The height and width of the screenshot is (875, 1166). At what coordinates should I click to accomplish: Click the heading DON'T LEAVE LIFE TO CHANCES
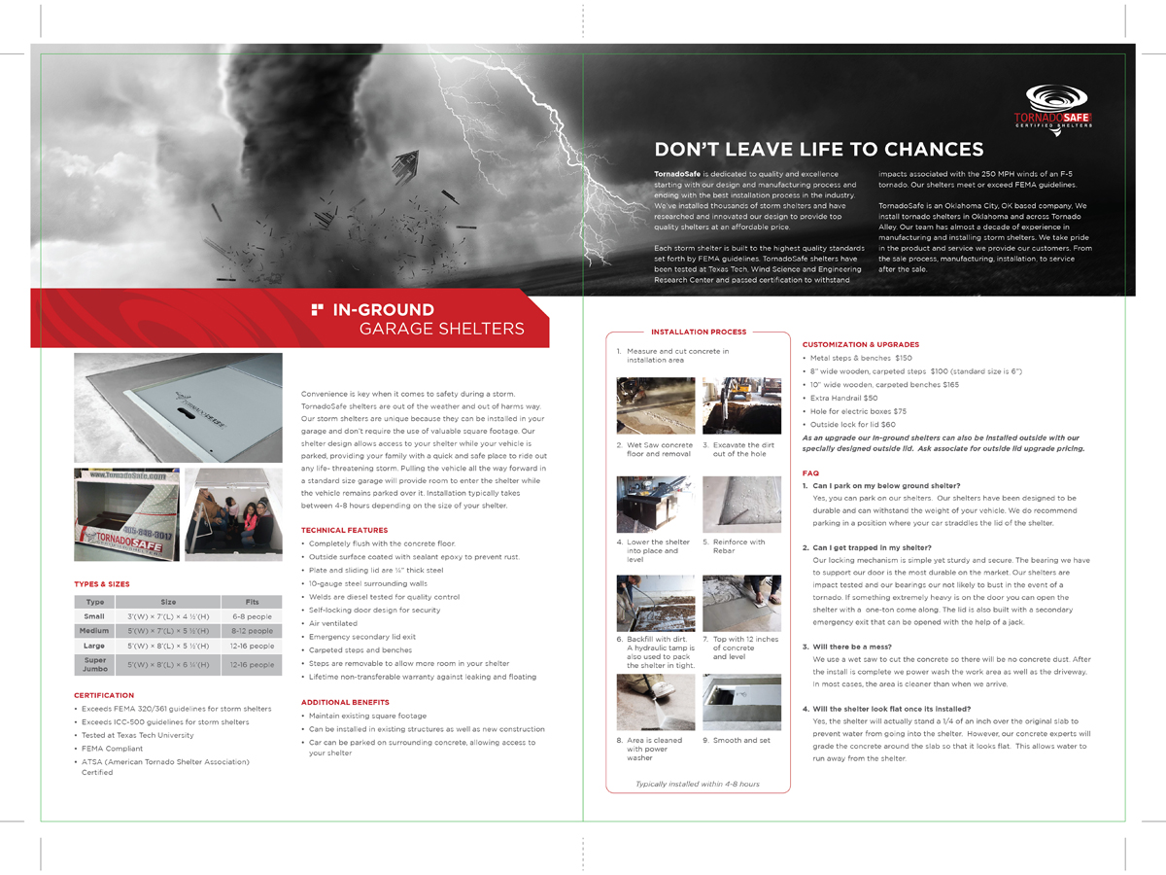click(819, 150)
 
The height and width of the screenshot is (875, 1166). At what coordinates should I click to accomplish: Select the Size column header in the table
click(168, 602)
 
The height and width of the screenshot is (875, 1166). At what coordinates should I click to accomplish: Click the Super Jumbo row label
click(94, 665)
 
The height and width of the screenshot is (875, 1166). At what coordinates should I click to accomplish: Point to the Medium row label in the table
click(94, 631)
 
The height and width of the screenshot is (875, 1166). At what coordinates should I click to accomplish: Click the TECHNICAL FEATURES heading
click(344, 530)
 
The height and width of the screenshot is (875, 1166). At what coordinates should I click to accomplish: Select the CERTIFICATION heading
click(104, 695)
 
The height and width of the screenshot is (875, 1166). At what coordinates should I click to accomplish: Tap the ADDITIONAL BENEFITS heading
click(345, 702)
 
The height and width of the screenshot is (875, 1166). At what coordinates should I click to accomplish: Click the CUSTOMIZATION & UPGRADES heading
click(860, 344)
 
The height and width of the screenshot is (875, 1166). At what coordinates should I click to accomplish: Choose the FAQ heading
click(810, 473)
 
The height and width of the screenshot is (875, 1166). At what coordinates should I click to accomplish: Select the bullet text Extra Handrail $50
click(843, 398)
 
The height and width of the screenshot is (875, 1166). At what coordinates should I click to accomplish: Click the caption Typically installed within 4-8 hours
click(697, 784)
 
